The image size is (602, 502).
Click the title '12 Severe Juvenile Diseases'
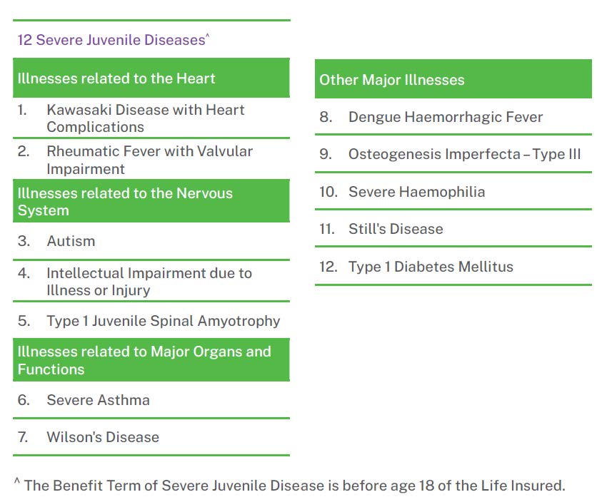(x=111, y=40)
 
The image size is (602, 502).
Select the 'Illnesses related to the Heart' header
(x=116, y=78)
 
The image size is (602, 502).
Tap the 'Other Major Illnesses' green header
(x=391, y=80)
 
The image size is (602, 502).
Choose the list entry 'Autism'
(x=71, y=241)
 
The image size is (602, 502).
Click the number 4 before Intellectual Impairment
(x=24, y=273)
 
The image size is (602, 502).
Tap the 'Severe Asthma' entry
(x=98, y=400)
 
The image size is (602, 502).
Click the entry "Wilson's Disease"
(x=103, y=437)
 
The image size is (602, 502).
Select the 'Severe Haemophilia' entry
(x=416, y=192)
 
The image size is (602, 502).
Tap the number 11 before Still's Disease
(x=326, y=229)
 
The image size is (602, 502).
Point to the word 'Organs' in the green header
(x=216, y=352)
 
